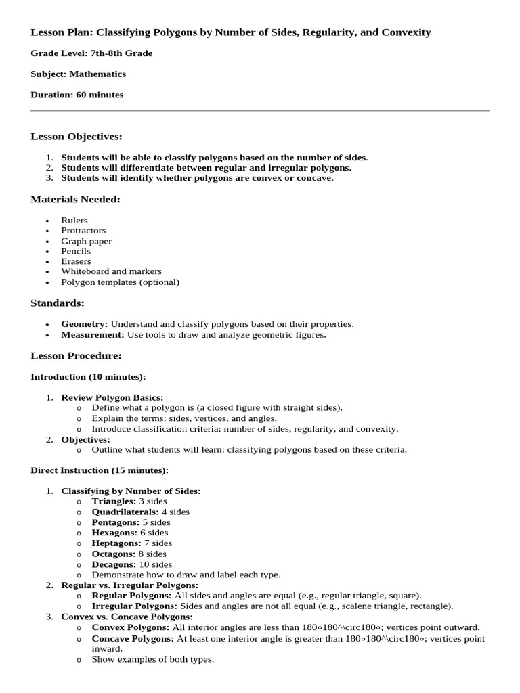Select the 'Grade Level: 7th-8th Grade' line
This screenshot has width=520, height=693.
[x=91, y=53]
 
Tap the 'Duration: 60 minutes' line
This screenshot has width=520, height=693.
[x=77, y=95]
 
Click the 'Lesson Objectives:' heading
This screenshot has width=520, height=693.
[x=77, y=137]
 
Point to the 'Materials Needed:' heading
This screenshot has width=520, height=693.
[x=76, y=199]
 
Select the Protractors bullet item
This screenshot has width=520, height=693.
[x=83, y=231]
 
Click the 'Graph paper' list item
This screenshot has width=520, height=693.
[x=87, y=241]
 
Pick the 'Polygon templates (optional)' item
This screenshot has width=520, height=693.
[x=120, y=282]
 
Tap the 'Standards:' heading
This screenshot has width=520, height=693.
[x=58, y=303]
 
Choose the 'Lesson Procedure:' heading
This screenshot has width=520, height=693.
[x=76, y=355]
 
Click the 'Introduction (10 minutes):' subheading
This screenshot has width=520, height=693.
[x=88, y=376]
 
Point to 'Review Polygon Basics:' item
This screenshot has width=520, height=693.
[x=112, y=397]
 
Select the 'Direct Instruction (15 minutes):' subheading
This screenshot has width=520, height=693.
[x=100, y=470]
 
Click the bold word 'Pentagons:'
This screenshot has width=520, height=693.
[x=116, y=522]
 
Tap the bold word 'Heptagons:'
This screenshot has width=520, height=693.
[x=116, y=543]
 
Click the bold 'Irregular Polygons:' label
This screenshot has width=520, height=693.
[x=133, y=606]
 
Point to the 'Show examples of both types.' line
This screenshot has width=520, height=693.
[x=152, y=659]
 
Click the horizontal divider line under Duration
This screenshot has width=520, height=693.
[x=260, y=110]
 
